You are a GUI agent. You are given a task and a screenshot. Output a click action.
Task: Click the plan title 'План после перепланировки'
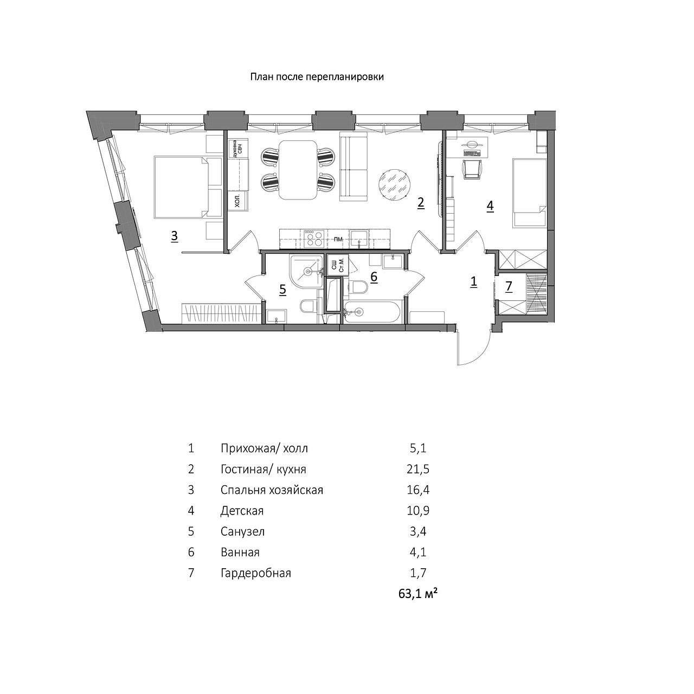point(317,76)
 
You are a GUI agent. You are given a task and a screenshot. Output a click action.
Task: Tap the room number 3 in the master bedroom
point(174,236)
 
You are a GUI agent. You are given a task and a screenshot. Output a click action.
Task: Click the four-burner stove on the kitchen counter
point(314,239)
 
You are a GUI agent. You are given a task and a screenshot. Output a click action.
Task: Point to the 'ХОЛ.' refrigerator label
point(237,202)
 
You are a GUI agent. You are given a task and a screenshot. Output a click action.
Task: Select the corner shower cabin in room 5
point(306,272)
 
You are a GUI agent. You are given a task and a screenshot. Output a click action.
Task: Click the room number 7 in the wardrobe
point(509,287)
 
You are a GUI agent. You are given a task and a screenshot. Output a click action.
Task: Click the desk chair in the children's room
point(472,169)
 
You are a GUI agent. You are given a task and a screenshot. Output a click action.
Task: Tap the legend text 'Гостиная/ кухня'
point(264,470)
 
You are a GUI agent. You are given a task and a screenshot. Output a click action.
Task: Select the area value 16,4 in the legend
point(418,490)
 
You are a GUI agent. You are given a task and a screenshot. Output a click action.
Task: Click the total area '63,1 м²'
point(418,594)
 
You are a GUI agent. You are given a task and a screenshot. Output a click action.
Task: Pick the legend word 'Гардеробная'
point(256,573)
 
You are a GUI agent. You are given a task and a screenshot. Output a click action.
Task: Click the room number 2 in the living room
point(421,203)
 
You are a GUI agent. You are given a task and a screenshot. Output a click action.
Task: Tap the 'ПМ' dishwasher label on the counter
point(338,239)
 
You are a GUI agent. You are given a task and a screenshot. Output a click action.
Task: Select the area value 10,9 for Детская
point(418,511)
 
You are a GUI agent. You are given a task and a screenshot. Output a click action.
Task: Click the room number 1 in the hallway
point(474,281)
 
